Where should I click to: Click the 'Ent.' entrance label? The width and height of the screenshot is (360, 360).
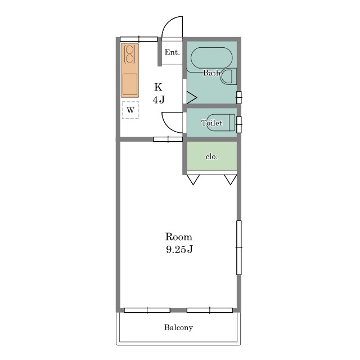tap(172, 52)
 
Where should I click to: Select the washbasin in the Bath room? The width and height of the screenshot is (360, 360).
tap(228, 76)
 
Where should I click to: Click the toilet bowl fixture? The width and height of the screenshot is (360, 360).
tap(221, 123)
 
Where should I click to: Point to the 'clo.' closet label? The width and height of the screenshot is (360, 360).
tap(211, 156)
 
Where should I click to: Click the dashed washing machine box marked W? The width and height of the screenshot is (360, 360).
tap(130, 110)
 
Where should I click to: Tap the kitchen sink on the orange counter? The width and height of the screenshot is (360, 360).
tap(130, 84)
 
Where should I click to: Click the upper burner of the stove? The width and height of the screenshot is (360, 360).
tap(130, 49)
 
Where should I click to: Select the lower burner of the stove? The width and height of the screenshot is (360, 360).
tap(130, 58)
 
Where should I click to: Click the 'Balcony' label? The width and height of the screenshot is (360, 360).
tap(178, 327)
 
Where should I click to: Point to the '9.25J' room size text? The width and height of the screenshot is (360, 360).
tap(179, 249)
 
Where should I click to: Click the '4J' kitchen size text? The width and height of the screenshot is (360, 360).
tap(159, 100)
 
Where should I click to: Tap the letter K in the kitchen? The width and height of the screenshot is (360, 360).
tap(158, 87)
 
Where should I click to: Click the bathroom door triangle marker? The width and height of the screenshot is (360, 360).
tap(192, 97)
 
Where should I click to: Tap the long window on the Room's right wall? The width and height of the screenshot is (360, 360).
tap(238, 247)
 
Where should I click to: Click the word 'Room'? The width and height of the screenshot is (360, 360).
tap(179, 237)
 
